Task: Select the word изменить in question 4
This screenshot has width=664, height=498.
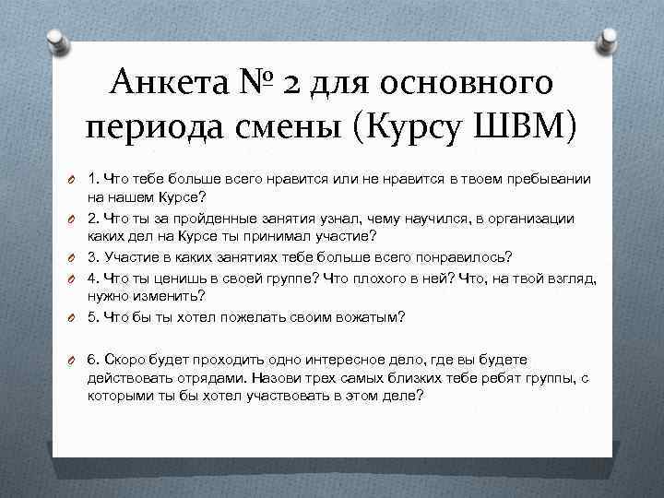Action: tap(171, 295)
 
